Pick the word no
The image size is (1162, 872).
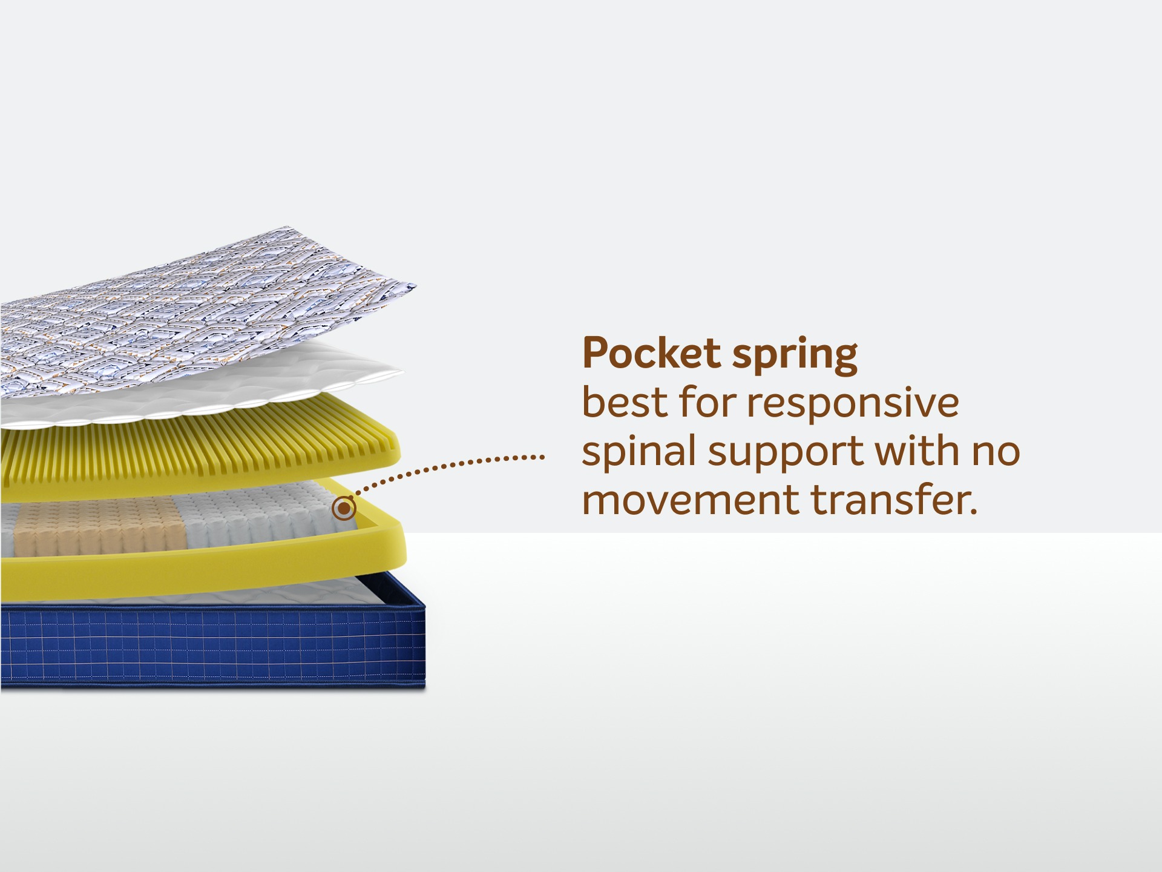click(997, 453)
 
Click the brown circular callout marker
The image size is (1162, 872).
click(344, 508)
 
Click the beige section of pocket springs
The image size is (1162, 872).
click(100, 526)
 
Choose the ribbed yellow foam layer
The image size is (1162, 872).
click(200, 448)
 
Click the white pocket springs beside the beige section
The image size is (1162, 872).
click(260, 515)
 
